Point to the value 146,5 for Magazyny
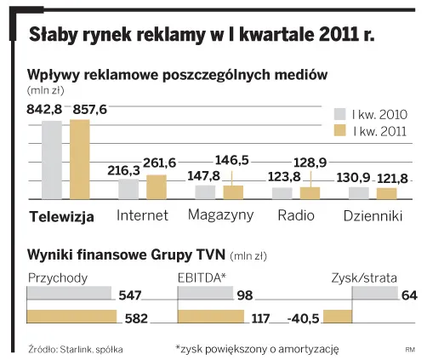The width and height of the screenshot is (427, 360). click(232, 160)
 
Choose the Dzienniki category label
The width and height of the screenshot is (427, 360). click(373, 215)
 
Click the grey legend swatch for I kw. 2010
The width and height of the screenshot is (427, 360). click(338, 114)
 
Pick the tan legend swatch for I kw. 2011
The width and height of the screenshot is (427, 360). click(338, 131)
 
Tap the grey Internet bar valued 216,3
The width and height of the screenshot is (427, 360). click(129, 189)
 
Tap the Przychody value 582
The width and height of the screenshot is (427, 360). click(135, 319)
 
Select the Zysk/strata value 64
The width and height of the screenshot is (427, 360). click(408, 295)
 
